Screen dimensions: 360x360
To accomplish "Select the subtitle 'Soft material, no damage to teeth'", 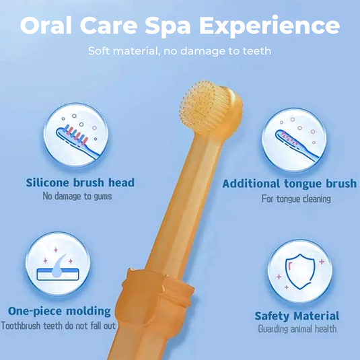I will click(x=180, y=50).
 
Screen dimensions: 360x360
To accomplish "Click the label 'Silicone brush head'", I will click(x=80, y=182).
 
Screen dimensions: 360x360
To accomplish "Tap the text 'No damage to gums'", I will click(x=77, y=196).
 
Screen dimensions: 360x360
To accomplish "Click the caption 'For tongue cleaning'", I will click(x=296, y=199).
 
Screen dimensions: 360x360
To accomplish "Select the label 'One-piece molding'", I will click(x=59, y=311).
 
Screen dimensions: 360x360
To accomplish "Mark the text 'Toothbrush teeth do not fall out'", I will click(x=59, y=326).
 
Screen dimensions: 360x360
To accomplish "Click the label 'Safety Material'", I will click(x=297, y=316).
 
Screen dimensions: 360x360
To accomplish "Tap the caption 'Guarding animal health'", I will click(x=296, y=329).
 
